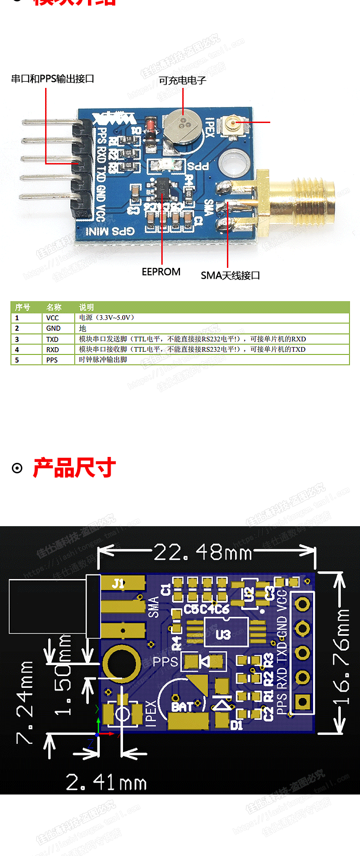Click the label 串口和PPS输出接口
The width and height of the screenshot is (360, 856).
(x=52, y=79)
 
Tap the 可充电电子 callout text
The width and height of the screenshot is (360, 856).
(x=182, y=81)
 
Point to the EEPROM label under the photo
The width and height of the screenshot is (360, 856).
(x=161, y=272)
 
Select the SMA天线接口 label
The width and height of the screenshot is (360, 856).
(x=230, y=276)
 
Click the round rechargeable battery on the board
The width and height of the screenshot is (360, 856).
(x=182, y=126)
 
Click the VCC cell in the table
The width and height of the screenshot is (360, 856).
(x=52, y=318)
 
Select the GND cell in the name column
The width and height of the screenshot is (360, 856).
(x=53, y=328)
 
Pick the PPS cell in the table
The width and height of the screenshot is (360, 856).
(x=52, y=360)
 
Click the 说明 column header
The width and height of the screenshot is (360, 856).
(x=86, y=308)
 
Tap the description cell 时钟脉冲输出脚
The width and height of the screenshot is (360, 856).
(x=103, y=360)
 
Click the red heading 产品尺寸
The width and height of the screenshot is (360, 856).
(x=74, y=468)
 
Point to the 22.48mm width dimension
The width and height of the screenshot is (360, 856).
(x=203, y=553)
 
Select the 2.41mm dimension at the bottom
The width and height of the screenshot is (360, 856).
(x=106, y=783)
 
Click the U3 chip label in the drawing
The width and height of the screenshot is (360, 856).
(x=223, y=634)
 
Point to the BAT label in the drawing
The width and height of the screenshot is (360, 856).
(x=182, y=707)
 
